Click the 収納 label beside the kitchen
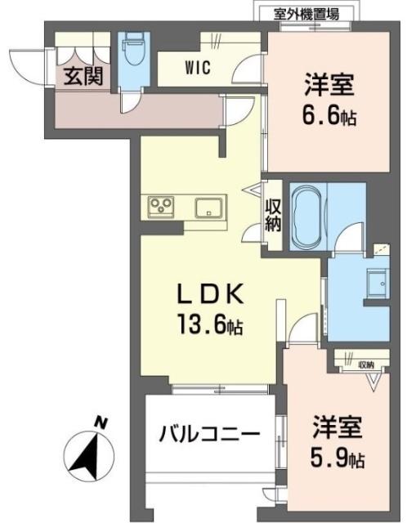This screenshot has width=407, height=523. click(x=273, y=216)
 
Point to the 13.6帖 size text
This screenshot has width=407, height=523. click(x=209, y=326)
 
